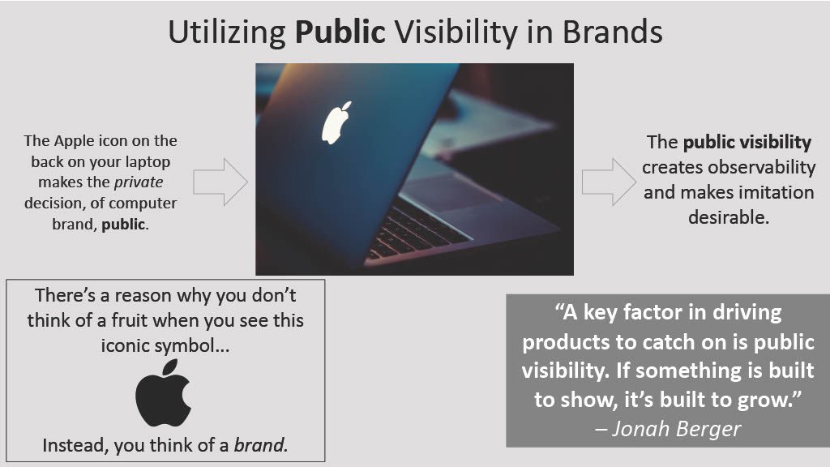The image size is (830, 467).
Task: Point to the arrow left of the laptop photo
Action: (220, 182)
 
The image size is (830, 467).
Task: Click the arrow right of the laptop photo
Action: (608, 182)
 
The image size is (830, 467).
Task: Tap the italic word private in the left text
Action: (140, 182)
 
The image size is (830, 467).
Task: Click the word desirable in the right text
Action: (728, 217)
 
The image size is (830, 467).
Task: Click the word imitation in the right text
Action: (763, 192)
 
